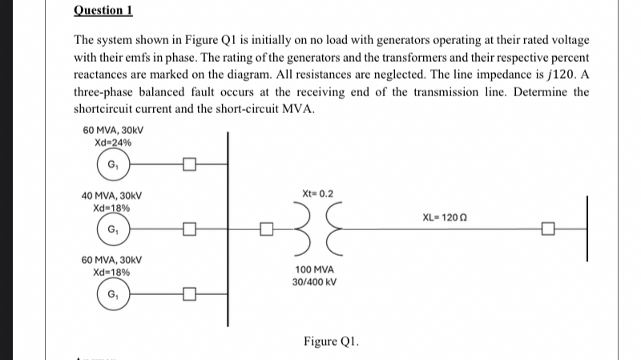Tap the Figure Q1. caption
click(331, 342)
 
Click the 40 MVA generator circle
click(112, 232)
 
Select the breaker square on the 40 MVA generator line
click(188, 232)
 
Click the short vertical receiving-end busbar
click(587, 229)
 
